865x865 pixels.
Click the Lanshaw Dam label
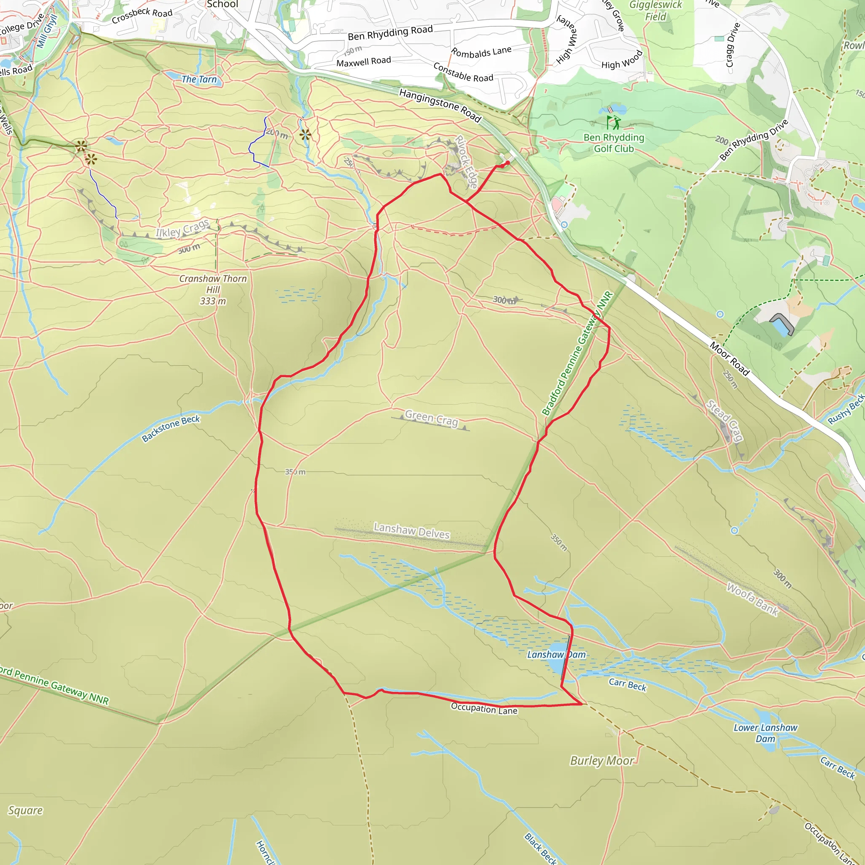tap(556, 655)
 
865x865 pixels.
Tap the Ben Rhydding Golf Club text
tap(614, 143)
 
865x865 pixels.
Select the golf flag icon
tap(613, 122)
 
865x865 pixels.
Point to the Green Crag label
tap(432, 418)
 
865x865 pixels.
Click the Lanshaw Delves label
tap(411, 531)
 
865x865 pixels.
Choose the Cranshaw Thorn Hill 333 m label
tap(213, 290)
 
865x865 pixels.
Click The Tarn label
tap(199, 80)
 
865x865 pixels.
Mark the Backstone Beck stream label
tap(171, 428)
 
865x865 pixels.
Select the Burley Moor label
tap(602, 761)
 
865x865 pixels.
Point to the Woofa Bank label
tap(753, 598)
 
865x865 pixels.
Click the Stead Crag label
tap(725, 421)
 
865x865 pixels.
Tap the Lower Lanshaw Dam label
tap(765, 733)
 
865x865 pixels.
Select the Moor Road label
tap(729, 359)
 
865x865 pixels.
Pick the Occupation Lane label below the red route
tap(484, 708)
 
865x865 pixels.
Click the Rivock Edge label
tap(467, 162)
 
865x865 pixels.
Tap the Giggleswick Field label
tap(656, 11)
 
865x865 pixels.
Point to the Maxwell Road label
tap(364, 62)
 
